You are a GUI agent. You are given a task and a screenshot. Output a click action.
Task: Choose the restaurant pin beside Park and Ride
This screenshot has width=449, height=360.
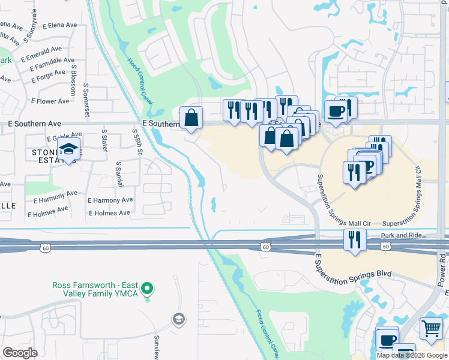click(355, 240)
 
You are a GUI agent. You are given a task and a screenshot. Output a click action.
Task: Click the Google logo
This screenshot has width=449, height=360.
click(20, 353)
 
